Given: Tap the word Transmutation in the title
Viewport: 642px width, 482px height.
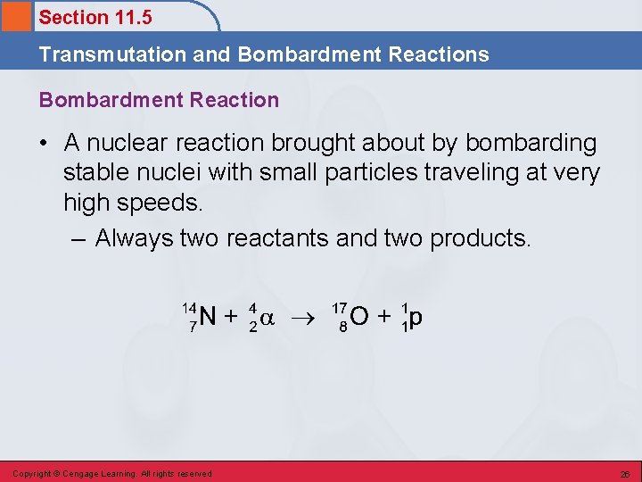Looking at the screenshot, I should (x=112, y=54).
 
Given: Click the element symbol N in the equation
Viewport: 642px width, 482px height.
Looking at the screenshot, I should (x=208, y=317).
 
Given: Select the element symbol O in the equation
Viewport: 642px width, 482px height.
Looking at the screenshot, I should (x=360, y=317).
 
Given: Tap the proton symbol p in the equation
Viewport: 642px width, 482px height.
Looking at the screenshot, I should (x=416, y=319).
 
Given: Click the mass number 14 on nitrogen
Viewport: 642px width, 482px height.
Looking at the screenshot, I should (x=189, y=307).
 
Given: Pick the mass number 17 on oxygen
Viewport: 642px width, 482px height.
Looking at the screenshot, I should (x=339, y=307).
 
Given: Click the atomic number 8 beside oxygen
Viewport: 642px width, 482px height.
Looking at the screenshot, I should (x=342, y=328).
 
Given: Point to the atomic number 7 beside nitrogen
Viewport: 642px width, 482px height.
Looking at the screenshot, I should (x=193, y=328).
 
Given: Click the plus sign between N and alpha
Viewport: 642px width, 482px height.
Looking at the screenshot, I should (x=230, y=317).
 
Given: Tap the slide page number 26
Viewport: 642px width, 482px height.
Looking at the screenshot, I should (x=625, y=473).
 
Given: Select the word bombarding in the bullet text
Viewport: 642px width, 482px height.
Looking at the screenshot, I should (x=531, y=143).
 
